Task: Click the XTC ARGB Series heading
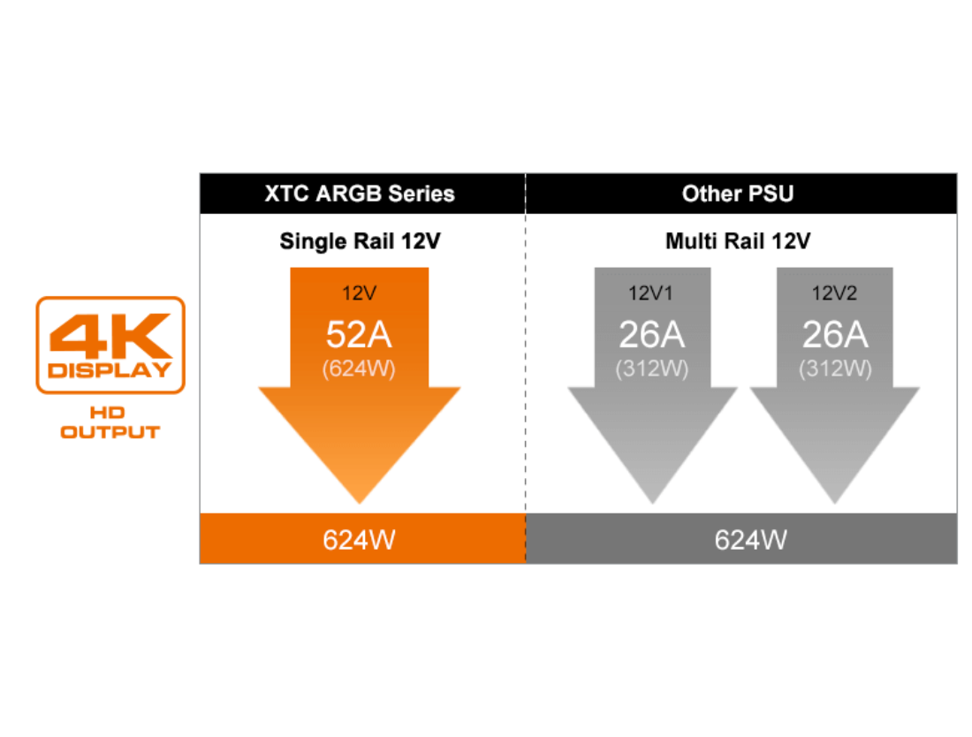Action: [360, 194]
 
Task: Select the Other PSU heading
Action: [738, 194]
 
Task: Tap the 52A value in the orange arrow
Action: [359, 334]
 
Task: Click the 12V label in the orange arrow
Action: [359, 293]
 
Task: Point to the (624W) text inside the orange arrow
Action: [359, 368]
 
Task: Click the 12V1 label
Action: [651, 293]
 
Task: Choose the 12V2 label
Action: [835, 293]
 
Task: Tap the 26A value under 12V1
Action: [651, 334]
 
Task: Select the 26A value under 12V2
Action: [835, 334]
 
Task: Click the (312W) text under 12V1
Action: [651, 368]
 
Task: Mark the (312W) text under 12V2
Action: [835, 368]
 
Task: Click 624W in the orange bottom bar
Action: [359, 539]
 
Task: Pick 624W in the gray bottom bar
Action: [750, 539]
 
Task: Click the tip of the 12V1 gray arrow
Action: [652, 503]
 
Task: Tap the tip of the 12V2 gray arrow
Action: [835, 503]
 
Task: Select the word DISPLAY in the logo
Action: [110, 369]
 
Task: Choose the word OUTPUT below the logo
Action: [110, 432]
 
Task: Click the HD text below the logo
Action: [110, 413]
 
